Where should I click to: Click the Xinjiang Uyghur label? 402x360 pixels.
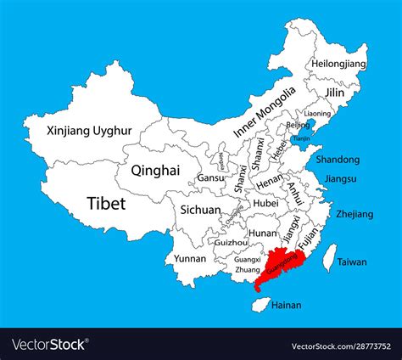tap(78, 132)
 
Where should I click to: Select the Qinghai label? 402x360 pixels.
tap(155, 170)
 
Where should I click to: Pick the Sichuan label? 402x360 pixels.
tap(200, 210)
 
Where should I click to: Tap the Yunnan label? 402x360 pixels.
tap(190, 258)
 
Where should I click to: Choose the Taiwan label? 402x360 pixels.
tap(352, 262)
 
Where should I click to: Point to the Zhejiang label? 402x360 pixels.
tap(355, 214)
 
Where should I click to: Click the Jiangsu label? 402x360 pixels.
tap(341, 179)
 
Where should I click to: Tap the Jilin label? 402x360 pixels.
tap(337, 92)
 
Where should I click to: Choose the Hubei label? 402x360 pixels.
tap(265, 204)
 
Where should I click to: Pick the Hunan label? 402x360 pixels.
tap(263, 232)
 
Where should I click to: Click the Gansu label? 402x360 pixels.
tap(210, 178)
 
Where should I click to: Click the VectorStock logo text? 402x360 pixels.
tap(49, 344)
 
